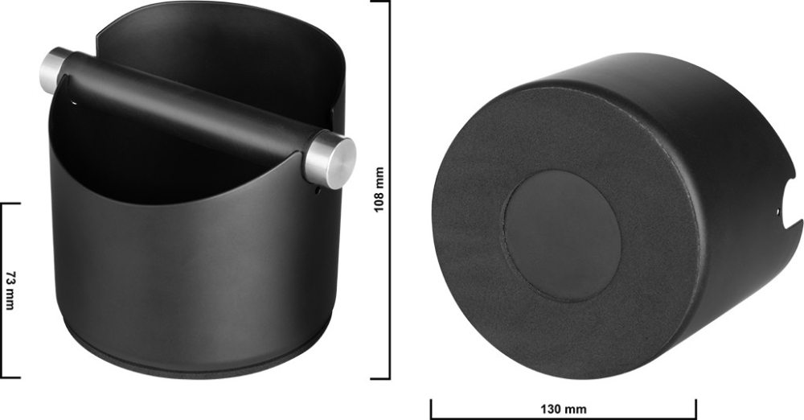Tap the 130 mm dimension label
[564, 410]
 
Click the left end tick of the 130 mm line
[432, 408]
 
